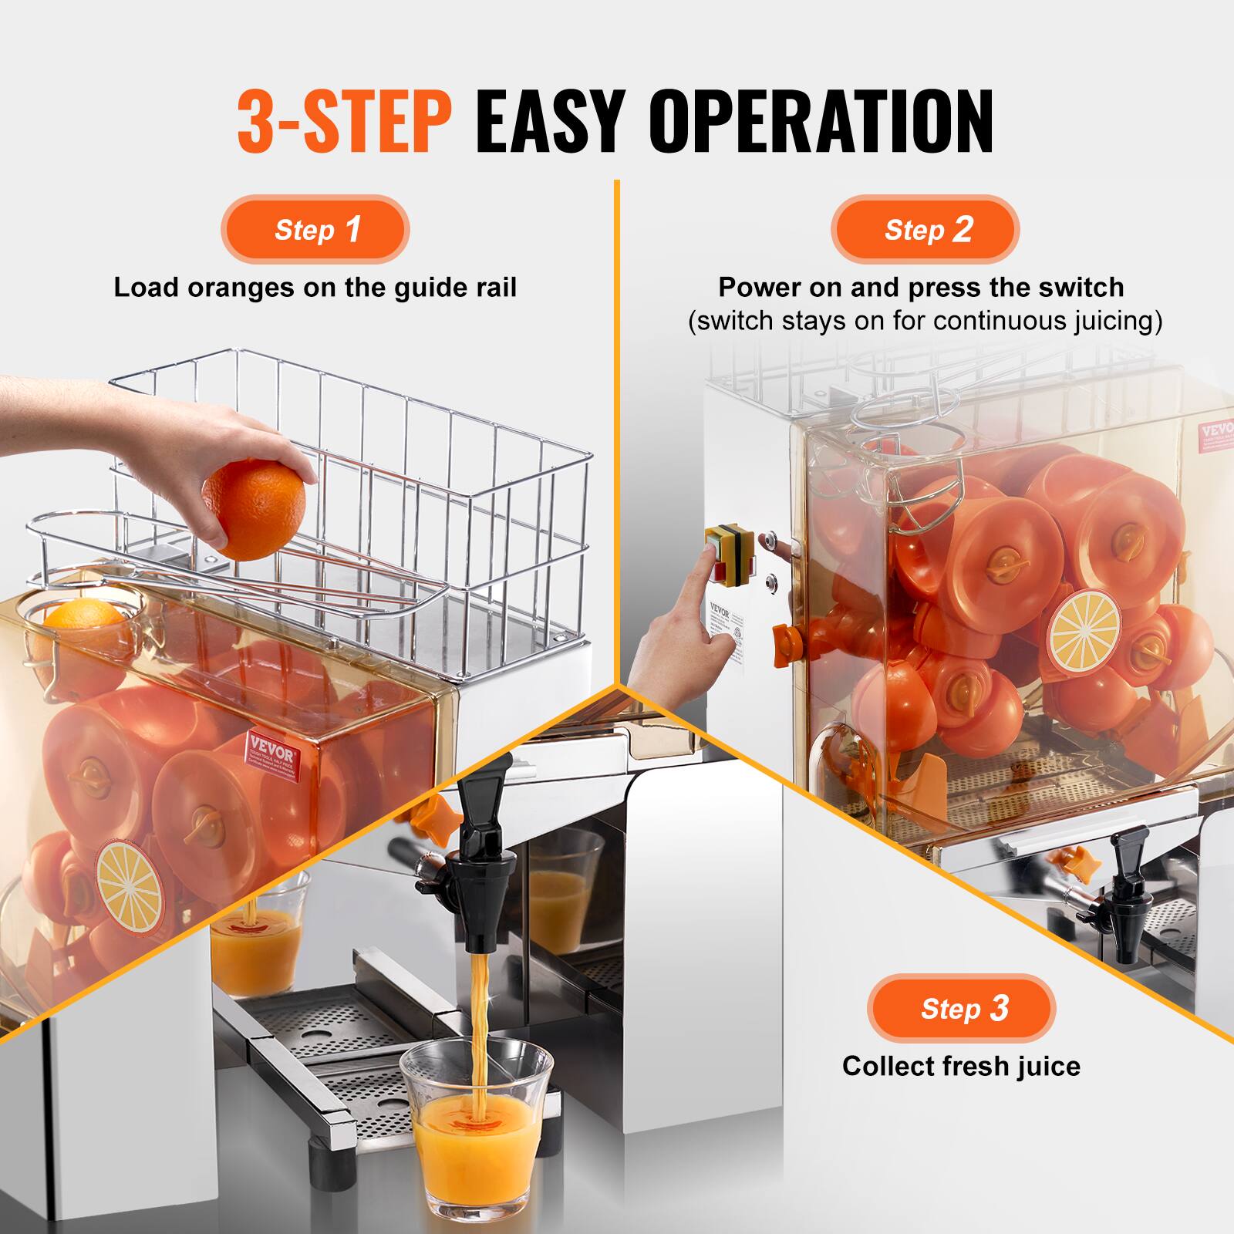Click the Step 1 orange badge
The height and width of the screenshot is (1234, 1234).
tap(315, 230)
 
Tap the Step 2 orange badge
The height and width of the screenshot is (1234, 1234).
tap(925, 230)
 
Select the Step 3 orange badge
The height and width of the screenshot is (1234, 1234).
tap(961, 1009)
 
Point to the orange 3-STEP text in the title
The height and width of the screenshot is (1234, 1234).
tap(344, 122)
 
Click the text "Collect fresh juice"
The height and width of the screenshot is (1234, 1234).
tap(961, 1066)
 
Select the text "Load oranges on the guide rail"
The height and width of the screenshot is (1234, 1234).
tap(315, 288)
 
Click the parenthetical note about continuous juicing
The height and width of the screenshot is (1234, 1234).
tap(925, 321)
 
